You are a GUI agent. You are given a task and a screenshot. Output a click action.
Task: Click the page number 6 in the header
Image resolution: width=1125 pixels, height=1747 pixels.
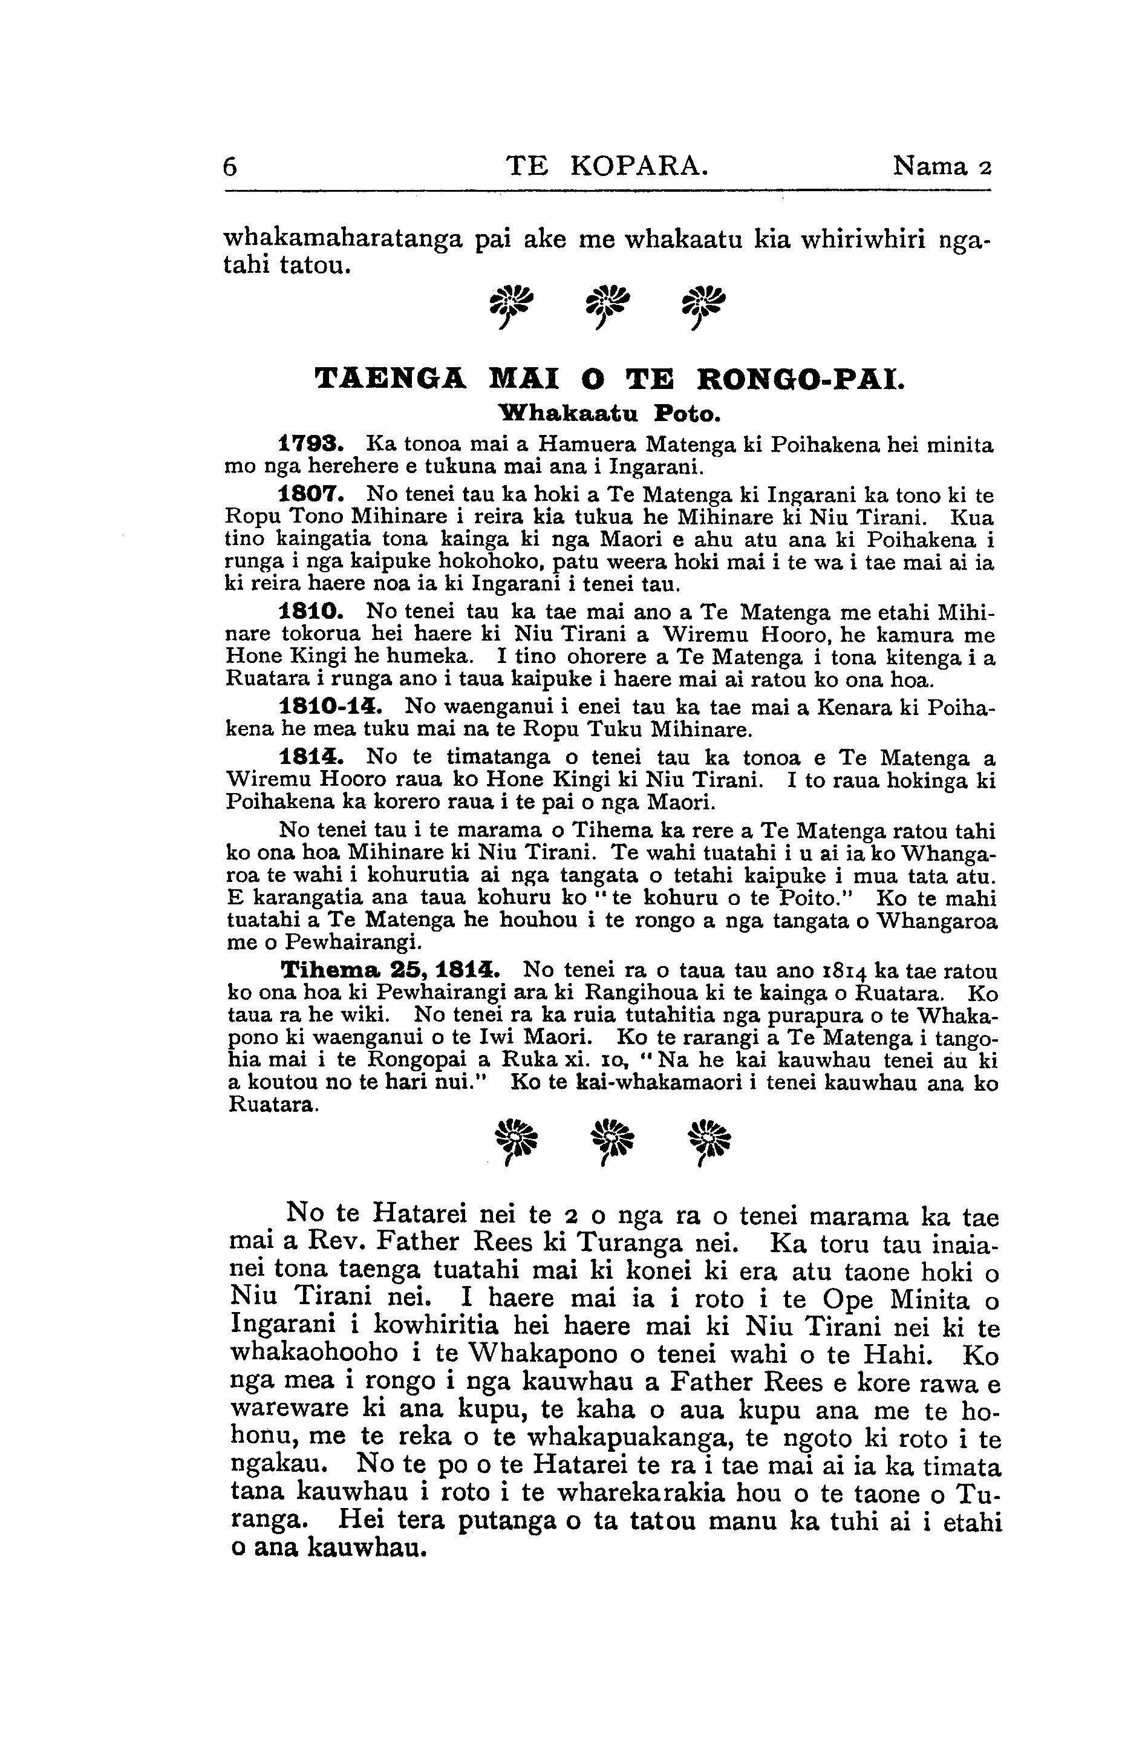(230, 168)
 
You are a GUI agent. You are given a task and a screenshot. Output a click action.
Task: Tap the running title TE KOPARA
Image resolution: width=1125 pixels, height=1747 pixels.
(607, 168)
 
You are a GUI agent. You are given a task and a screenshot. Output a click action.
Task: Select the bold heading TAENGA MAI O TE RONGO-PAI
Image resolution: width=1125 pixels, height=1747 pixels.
(608, 380)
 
